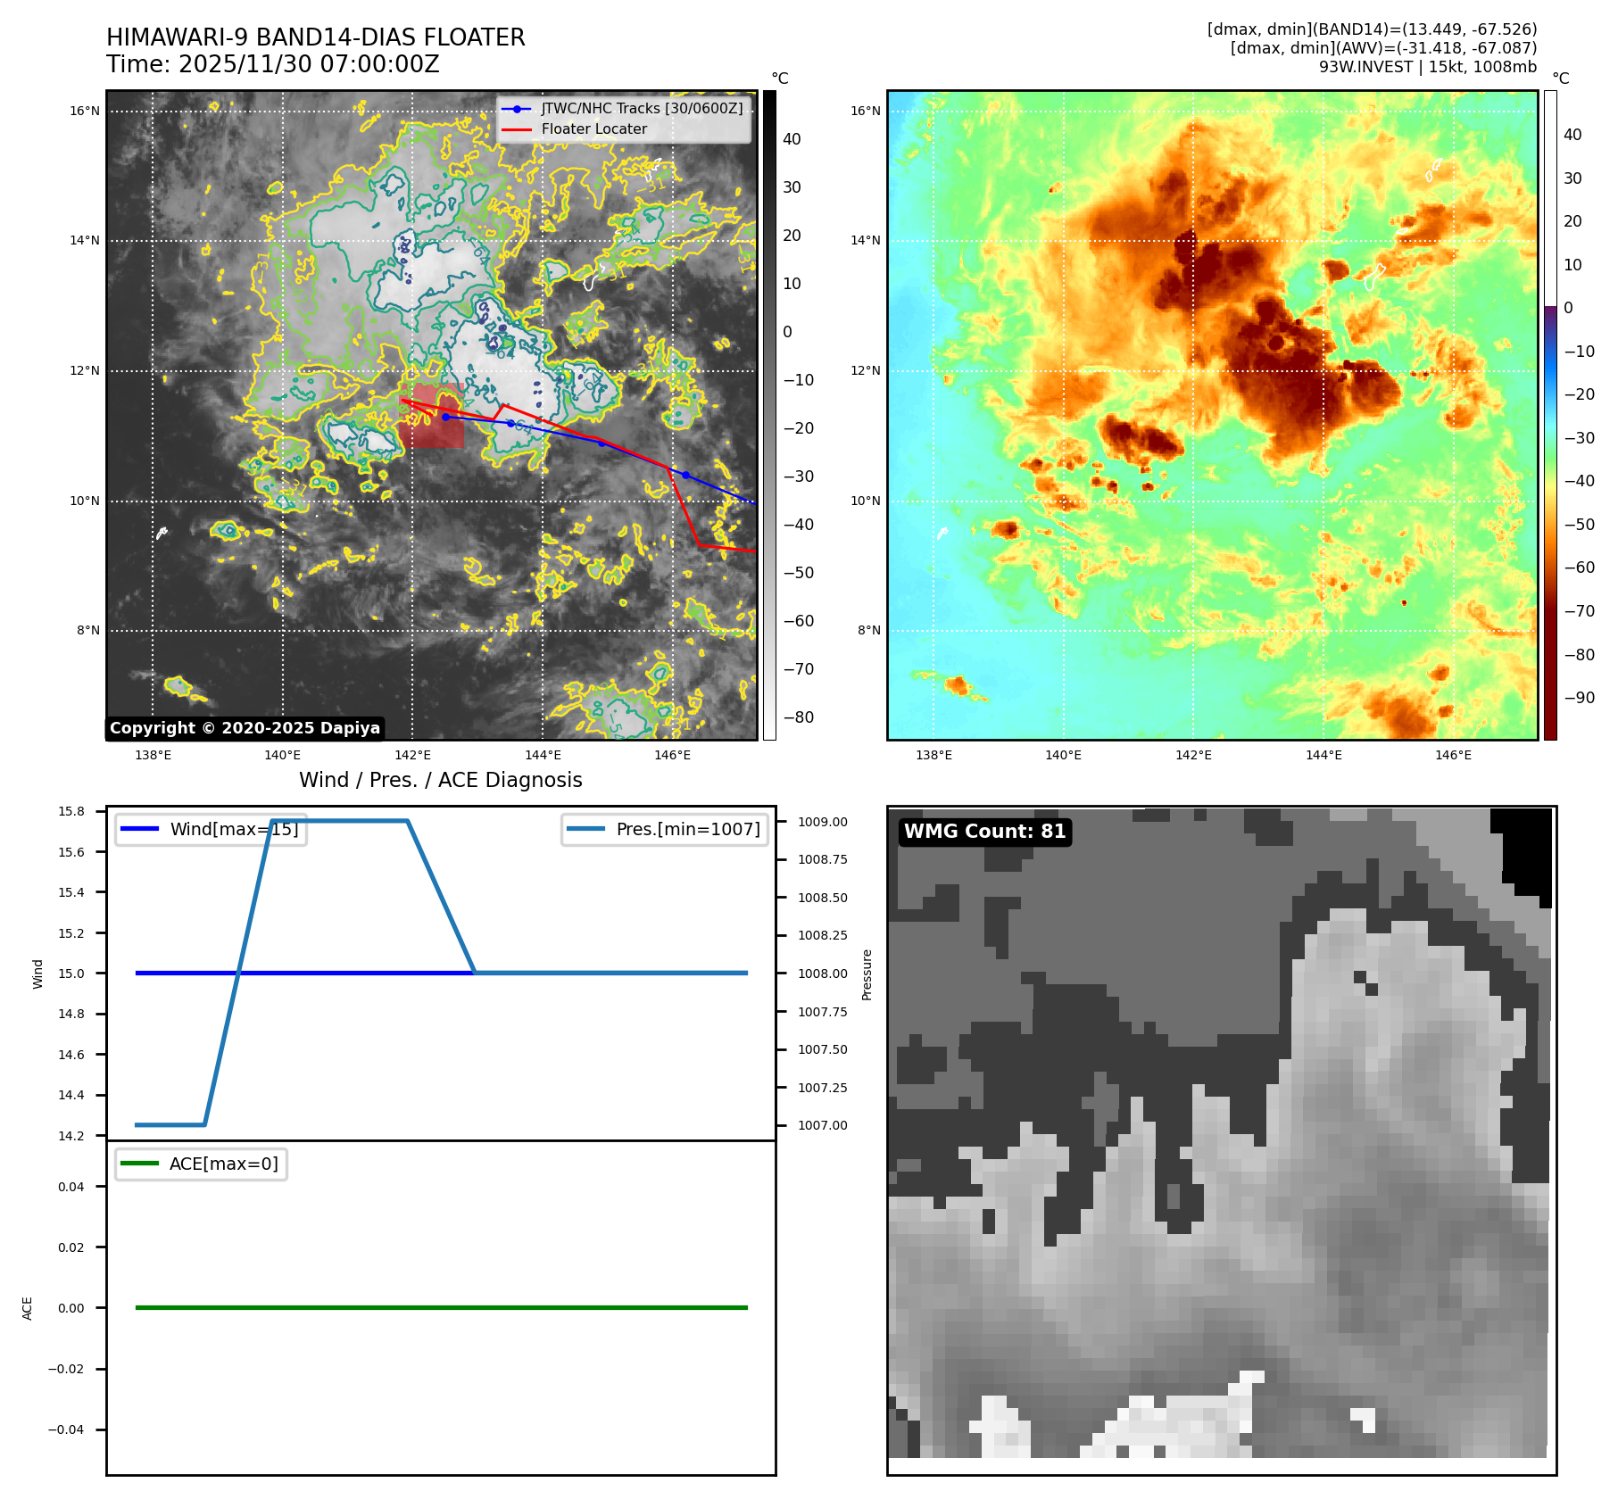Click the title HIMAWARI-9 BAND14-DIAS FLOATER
pyautogui.click(x=315, y=37)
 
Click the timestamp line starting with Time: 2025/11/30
pyautogui.click(x=272, y=64)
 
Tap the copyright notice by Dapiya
pyautogui.click(x=245, y=728)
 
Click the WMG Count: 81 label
pyautogui.click(x=984, y=832)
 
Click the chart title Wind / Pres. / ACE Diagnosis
pyautogui.click(x=440, y=780)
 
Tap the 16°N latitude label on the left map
pyautogui.click(x=85, y=112)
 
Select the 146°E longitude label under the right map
pyautogui.click(x=1453, y=755)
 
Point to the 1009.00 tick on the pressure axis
pyautogui.click(x=822, y=822)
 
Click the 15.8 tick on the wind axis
pyautogui.click(x=71, y=811)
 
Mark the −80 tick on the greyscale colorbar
pyautogui.click(x=798, y=717)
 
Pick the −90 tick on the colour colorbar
pyautogui.click(x=1579, y=698)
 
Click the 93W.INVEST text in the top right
pyautogui.click(x=1365, y=67)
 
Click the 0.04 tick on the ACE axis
pyautogui.click(x=71, y=1187)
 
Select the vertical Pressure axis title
pyautogui.click(x=867, y=974)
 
